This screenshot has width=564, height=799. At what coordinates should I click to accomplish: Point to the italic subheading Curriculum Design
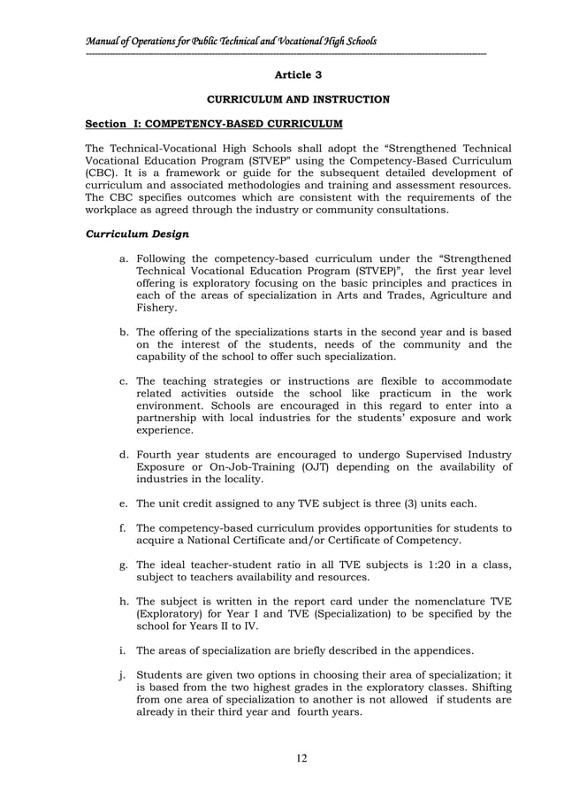point(133,234)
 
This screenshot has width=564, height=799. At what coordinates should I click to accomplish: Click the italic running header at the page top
point(231,41)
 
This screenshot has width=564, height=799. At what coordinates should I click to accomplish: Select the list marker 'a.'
point(124,257)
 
